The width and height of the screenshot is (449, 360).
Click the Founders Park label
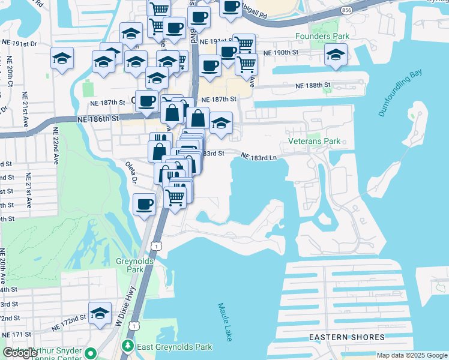pyautogui.click(x=322, y=37)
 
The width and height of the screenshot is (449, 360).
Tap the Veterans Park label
pyautogui.click(x=314, y=141)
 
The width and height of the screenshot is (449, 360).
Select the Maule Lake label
pyautogui.click(x=224, y=322)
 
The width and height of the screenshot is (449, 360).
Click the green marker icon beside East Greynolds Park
pyautogui.click(x=127, y=346)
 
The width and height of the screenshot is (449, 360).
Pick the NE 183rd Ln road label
pyautogui.click(x=259, y=157)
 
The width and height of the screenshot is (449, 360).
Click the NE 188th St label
pyautogui.click(x=313, y=86)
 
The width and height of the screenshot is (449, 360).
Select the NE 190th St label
pyautogui.click(x=283, y=53)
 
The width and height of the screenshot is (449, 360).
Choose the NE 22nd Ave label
pyautogui.click(x=56, y=146)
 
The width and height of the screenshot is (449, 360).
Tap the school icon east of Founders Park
pyautogui.click(x=336, y=56)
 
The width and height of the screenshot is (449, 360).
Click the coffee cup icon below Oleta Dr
pyautogui.click(x=145, y=205)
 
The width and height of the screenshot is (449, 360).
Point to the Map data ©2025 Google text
pyautogui.click(x=412, y=355)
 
